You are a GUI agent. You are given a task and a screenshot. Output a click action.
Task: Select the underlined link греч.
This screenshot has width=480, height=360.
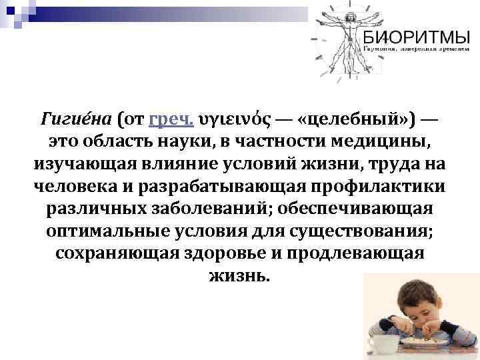tap(171, 120)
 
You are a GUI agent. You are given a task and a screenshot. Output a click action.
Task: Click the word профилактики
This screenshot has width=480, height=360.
tap(383, 187)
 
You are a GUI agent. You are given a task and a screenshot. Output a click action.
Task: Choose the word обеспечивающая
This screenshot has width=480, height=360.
tap(360, 209)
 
